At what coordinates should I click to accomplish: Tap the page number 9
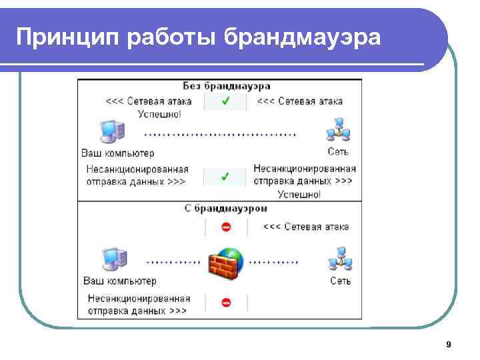pyautogui.click(x=448, y=344)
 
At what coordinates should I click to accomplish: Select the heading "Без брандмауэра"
pyautogui.click(x=227, y=87)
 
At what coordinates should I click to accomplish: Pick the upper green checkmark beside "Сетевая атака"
pyautogui.click(x=225, y=101)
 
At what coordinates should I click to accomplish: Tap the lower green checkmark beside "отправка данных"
pyautogui.click(x=225, y=177)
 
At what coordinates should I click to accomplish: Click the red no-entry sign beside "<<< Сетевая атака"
pyautogui.click(x=225, y=227)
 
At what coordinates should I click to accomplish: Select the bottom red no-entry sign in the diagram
pyautogui.click(x=225, y=303)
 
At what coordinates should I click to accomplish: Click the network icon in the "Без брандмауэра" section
pyautogui.click(x=338, y=131)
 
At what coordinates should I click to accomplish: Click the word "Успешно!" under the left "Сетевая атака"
pyautogui.click(x=159, y=114)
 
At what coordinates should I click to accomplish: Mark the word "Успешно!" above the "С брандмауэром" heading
pyautogui.click(x=299, y=195)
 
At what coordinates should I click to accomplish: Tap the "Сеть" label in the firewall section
pyautogui.click(x=340, y=281)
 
